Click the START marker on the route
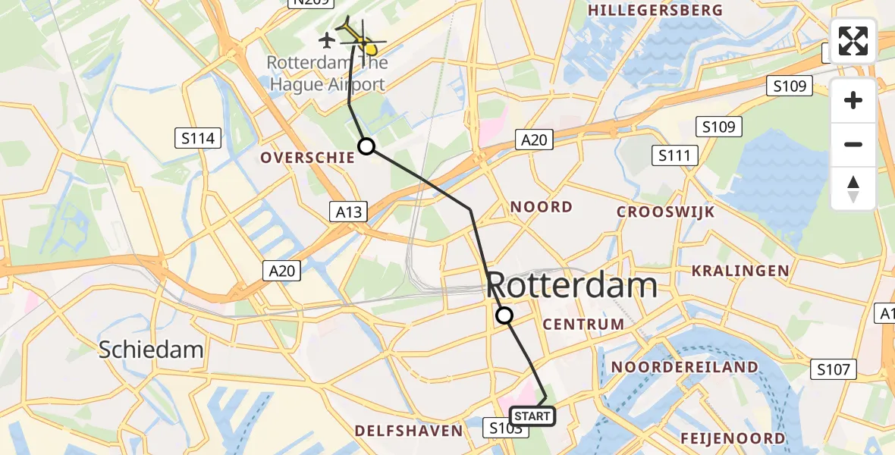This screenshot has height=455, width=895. coord(532,416)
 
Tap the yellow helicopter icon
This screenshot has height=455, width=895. coord(356,36)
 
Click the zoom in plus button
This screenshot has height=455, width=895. coord(853,100)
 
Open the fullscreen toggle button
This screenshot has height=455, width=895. coord(853,41)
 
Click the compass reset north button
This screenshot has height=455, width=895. coord(853,189)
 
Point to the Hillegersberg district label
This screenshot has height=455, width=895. coord(655,11)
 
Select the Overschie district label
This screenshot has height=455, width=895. coord(307,158)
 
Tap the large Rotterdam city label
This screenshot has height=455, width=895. coord(571,286)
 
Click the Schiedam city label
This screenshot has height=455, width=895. coord(152,350)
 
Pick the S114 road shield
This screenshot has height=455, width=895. coord(199,138)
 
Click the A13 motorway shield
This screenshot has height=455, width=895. coord(349,212)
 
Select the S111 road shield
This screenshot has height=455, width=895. coord(674,156)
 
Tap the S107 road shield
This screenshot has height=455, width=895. coord(835,369)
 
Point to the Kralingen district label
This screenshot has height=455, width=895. coord(740,271)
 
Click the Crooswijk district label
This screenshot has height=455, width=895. coord(666,212)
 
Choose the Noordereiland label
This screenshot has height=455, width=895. coord(684,368)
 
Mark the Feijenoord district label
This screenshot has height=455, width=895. coord(733,438)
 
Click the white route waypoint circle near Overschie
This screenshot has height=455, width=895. coord(366,146)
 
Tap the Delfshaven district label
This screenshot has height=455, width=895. coord(408,431)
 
